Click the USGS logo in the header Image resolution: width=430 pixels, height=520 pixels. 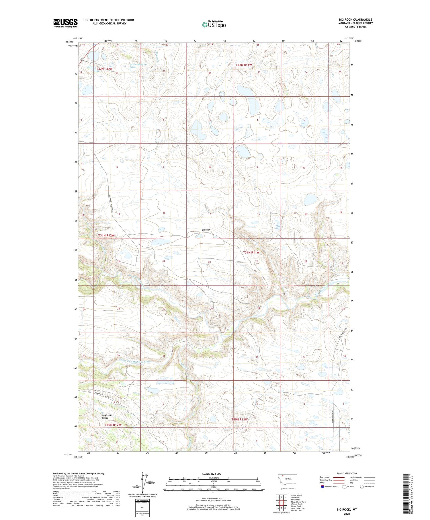[x=65, y=23]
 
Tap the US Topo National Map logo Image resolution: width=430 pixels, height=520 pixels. [x=214, y=24]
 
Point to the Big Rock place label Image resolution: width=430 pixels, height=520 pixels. [x=206, y=230]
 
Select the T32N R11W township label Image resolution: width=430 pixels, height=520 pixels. [x=244, y=65]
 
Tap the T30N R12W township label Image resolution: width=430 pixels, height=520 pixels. [x=113, y=425]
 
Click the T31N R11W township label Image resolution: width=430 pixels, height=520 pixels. [x=251, y=252]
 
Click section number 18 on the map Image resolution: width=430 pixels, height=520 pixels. [x=164, y=213]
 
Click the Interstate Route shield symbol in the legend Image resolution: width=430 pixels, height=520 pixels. [x=322, y=486]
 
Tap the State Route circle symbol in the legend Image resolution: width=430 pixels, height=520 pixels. [x=362, y=486]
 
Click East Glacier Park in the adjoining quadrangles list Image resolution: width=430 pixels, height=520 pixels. [x=298, y=502]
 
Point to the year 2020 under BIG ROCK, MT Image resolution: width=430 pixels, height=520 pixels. [x=347, y=514]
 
